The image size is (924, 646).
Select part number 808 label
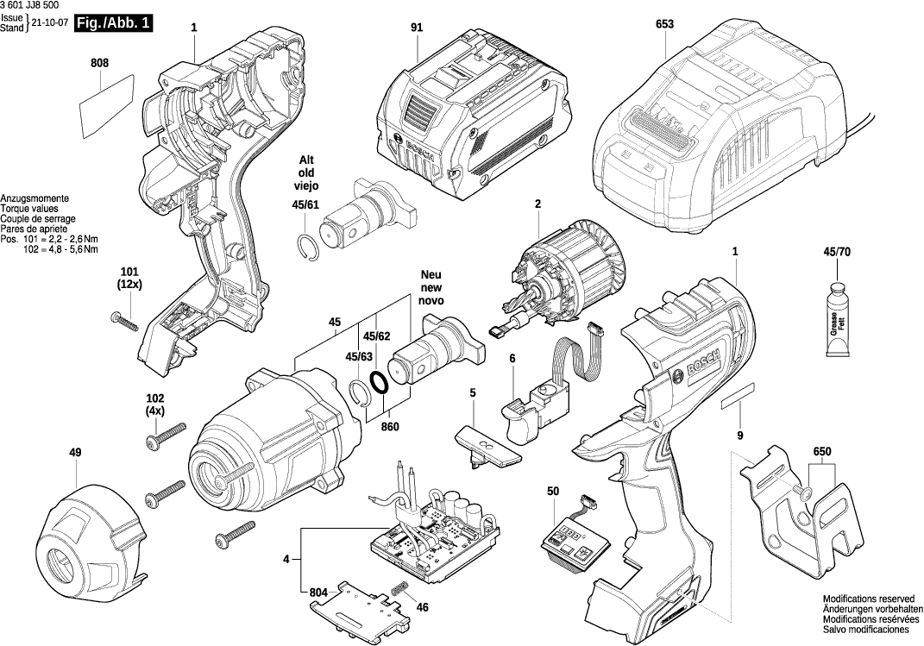[x=99, y=63]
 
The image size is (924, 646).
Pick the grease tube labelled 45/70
[x=835, y=320]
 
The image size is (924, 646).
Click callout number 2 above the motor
[x=537, y=204]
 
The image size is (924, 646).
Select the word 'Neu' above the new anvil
[x=431, y=273]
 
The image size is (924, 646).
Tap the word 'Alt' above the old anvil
[x=306, y=160]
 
